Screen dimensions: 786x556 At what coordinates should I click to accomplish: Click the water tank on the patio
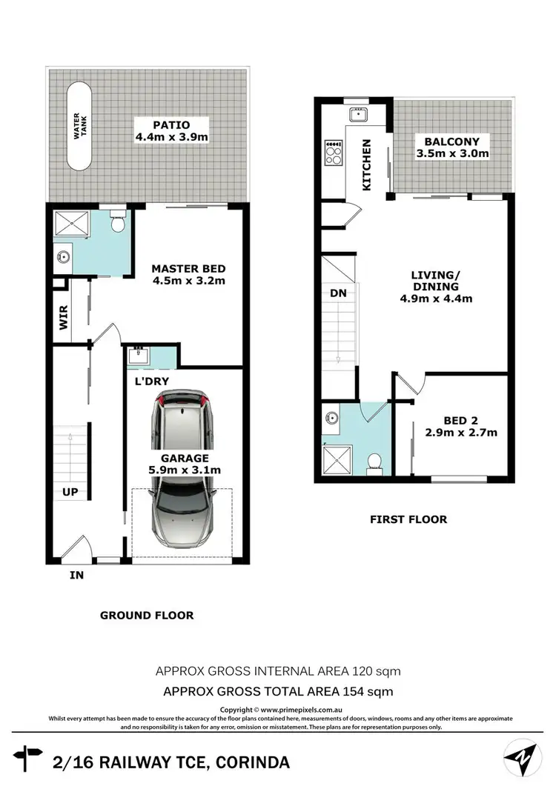(79, 127)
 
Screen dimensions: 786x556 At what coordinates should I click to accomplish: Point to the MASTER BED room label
(188, 274)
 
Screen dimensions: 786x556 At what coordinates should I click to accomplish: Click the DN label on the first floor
(338, 293)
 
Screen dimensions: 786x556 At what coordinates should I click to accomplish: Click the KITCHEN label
(367, 165)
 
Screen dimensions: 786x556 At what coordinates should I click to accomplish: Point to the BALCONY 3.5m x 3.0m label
(451, 147)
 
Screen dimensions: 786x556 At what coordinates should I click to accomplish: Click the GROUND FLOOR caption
(147, 615)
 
